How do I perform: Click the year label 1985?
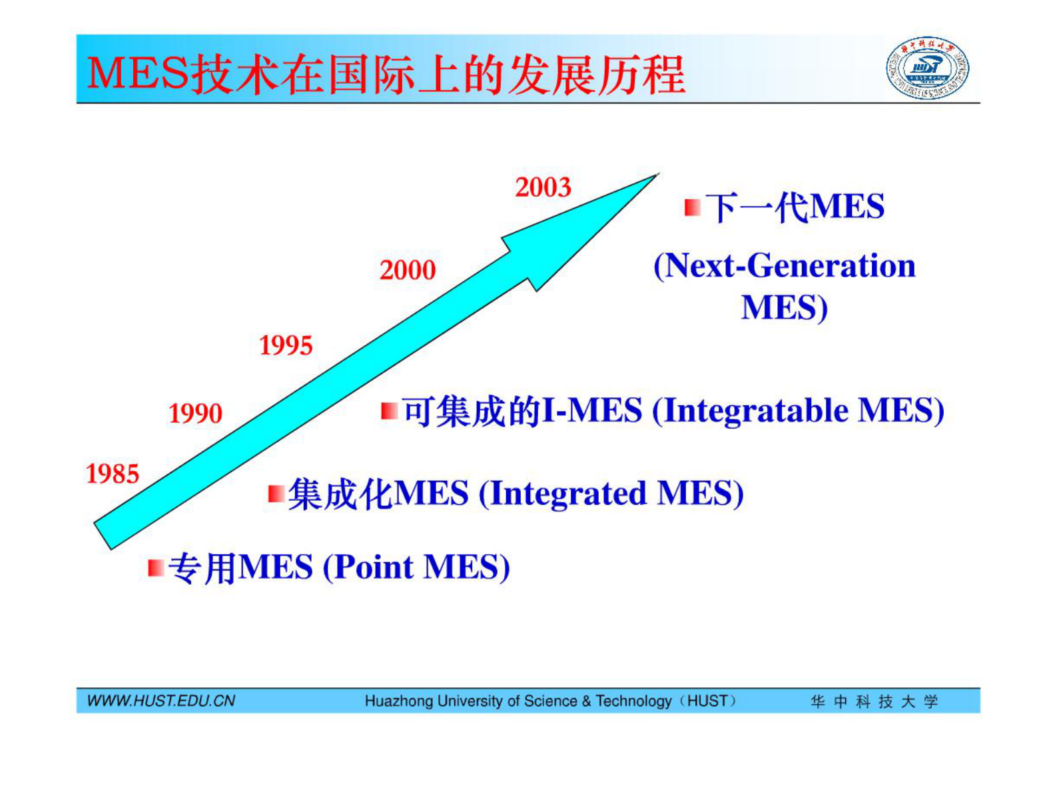pyautogui.click(x=113, y=474)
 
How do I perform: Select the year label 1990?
pyautogui.click(x=195, y=413)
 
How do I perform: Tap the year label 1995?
pyautogui.click(x=286, y=345)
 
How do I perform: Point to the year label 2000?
pyautogui.click(x=408, y=270)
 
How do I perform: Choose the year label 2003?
pyautogui.click(x=543, y=187)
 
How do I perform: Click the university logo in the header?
pyautogui.click(x=927, y=68)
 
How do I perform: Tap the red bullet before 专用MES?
pyautogui.click(x=156, y=568)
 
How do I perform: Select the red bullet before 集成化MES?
pyautogui.click(x=276, y=494)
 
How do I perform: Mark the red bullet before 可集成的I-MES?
pyautogui.click(x=389, y=411)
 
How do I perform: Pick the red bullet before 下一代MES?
pyautogui.click(x=693, y=207)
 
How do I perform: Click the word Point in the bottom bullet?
pyautogui.click(x=374, y=567)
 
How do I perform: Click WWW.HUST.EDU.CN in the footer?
pyautogui.click(x=161, y=701)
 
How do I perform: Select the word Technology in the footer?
pyautogui.click(x=633, y=701)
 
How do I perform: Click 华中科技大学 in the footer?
pyautogui.click(x=874, y=701)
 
